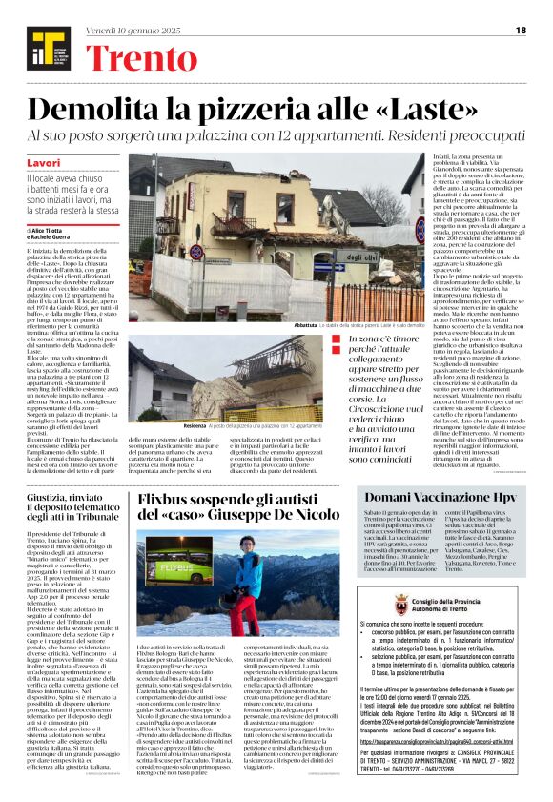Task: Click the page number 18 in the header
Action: pos(521,31)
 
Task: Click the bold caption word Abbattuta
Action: pos(282,326)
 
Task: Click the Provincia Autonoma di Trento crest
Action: pos(401,606)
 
